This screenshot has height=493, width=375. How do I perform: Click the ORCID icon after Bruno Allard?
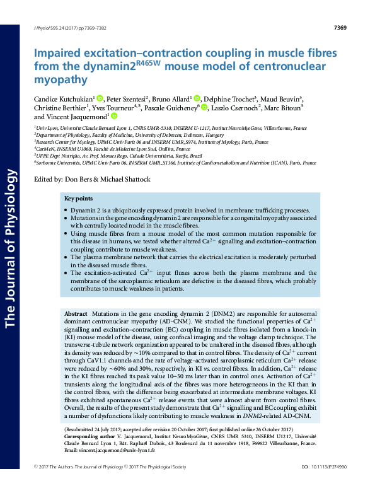(x=197, y=98)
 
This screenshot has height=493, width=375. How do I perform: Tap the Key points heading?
(x=79, y=199)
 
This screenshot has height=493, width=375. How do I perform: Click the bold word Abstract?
(x=76, y=313)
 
